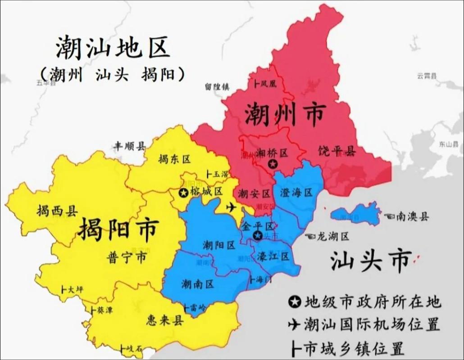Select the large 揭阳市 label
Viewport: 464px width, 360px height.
click(118, 229)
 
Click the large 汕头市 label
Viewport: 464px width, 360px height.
click(371, 260)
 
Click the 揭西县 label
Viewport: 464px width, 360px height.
click(57, 210)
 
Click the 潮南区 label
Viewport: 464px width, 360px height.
click(197, 284)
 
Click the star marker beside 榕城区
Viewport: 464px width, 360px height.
click(183, 193)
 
